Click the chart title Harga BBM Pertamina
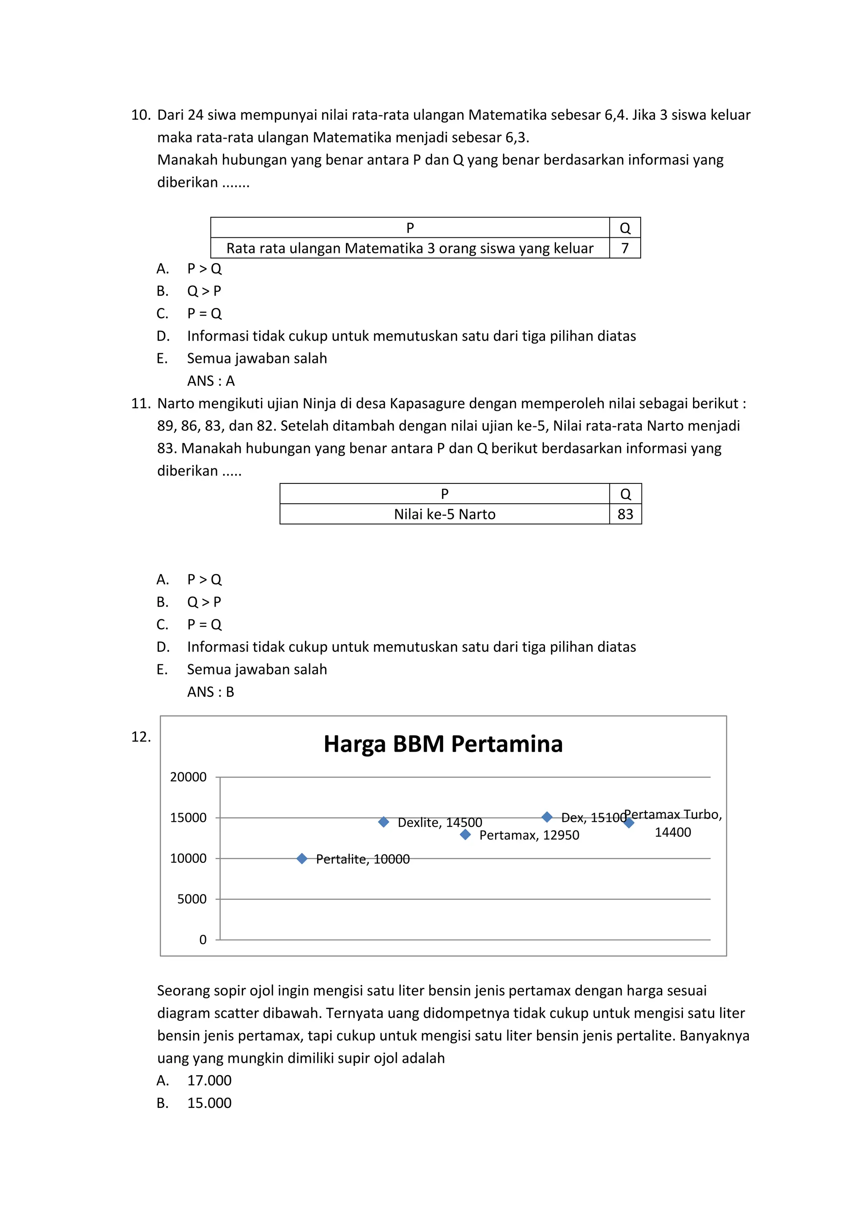(443, 744)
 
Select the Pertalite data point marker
(302, 858)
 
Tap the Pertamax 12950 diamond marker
(465, 835)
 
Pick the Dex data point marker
(547, 817)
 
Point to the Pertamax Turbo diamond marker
(629, 823)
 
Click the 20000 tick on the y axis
(188, 777)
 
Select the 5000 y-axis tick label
(192, 899)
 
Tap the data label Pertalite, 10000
(363, 859)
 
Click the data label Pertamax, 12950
(529, 835)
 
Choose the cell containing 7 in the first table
(625, 248)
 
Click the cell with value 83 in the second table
(625, 514)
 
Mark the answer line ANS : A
(211, 381)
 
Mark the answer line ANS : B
(211, 692)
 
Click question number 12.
(141, 737)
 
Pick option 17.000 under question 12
(209, 1080)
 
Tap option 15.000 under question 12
(209, 1103)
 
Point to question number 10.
(141, 115)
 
